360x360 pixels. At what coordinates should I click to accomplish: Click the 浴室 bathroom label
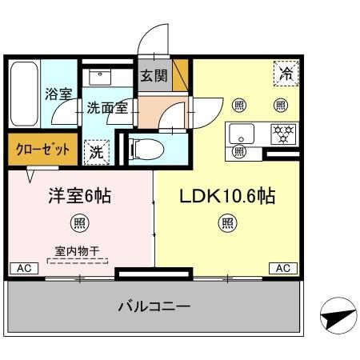pyautogui.click(x=58, y=94)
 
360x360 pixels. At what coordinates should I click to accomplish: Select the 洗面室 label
pyautogui.click(x=107, y=107)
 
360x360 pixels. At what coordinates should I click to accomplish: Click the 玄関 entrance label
pyautogui.click(x=154, y=77)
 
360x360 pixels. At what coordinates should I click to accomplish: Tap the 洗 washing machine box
pyautogui.click(x=96, y=149)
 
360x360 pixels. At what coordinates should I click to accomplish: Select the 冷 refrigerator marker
pyautogui.click(x=286, y=74)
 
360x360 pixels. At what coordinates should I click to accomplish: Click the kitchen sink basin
pyautogui.click(x=242, y=132)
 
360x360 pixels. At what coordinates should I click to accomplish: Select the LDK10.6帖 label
pyautogui.click(x=228, y=195)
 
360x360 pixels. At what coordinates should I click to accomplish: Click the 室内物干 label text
pyautogui.click(x=78, y=251)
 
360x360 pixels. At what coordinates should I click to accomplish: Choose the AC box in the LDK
pyautogui.click(x=282, y=268)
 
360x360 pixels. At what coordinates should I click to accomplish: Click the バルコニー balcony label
pyautogui.click(x=154, y=306)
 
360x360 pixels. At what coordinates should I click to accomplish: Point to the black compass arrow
pyautogui.click(x=336, y=319)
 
